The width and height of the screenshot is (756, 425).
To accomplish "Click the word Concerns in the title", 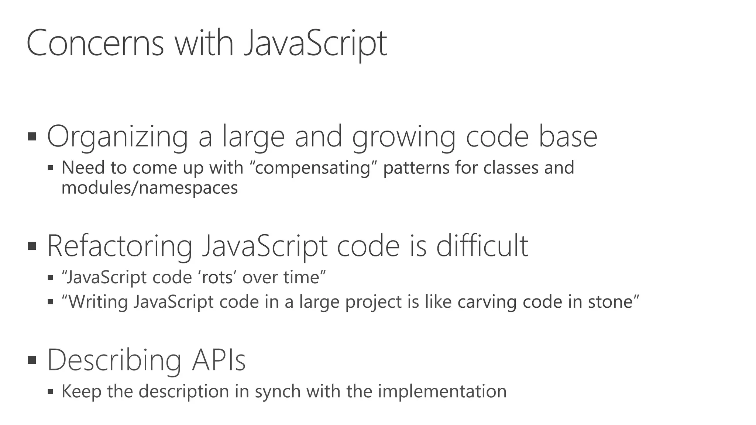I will (x=95, y=44).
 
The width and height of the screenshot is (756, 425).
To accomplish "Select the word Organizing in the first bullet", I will (x=117, y=137).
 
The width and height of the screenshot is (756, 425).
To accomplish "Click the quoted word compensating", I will (x=312, y=168).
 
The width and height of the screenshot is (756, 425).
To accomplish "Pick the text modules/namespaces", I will (x=150, y=188).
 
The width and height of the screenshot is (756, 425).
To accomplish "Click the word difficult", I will (x=482, y=246).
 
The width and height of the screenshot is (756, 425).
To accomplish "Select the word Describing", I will (x=114, y=360).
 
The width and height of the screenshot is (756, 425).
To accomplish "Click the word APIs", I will (x=219, y=360).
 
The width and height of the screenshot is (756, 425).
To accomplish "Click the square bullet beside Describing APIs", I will (x=32, y=360).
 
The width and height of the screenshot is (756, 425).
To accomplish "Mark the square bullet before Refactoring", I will (x=32, y=246).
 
